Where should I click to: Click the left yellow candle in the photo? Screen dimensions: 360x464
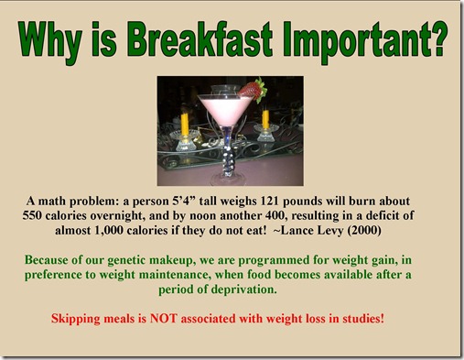[x=185, y=122]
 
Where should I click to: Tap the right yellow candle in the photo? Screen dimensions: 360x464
[x=265, y=120]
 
